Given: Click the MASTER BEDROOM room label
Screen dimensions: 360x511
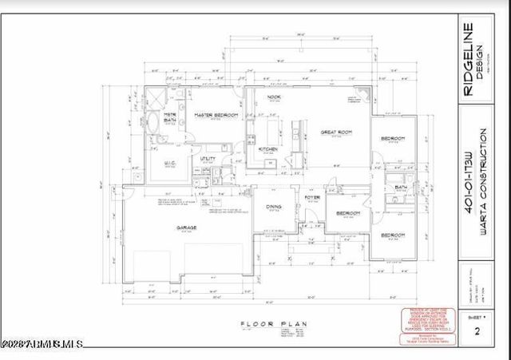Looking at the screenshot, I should click(x=216, y=116).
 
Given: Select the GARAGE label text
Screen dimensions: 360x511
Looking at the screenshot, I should click(x=187, y=227).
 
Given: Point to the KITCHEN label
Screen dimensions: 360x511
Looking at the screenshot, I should click(x=267, y=149).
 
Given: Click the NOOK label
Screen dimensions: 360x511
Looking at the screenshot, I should click(x=274, y=97).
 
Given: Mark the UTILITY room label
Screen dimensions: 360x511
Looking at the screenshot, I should click(x=209, y=158).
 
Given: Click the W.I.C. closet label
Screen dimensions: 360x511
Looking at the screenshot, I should click(x=170, y=164).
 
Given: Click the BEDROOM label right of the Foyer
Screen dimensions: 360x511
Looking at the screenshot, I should click(x=347, y=214).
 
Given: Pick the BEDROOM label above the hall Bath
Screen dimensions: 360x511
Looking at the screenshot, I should click(x=392, y=139).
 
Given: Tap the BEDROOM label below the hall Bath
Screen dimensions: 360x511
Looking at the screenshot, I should click(x=392, y=235).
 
